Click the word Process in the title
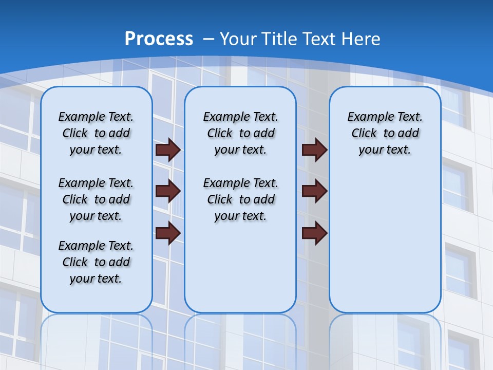coord(159,39)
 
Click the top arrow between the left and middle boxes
coord(168,150)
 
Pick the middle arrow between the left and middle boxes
coord(168,191)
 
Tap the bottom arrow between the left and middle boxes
coord(168,233)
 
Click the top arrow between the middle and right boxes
coord(314,150)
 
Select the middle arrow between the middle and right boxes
coord(314,191)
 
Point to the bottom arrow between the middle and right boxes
coord(314,233)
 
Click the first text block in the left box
coord(96,133)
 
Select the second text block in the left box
coord(96,199)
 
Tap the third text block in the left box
coord(96,262)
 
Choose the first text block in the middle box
coord(240,133)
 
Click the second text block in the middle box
coord(240,199)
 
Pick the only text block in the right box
coord(385,133)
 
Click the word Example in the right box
coord(367,117)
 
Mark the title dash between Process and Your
coord(208,39)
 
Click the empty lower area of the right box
coord(385,247)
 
